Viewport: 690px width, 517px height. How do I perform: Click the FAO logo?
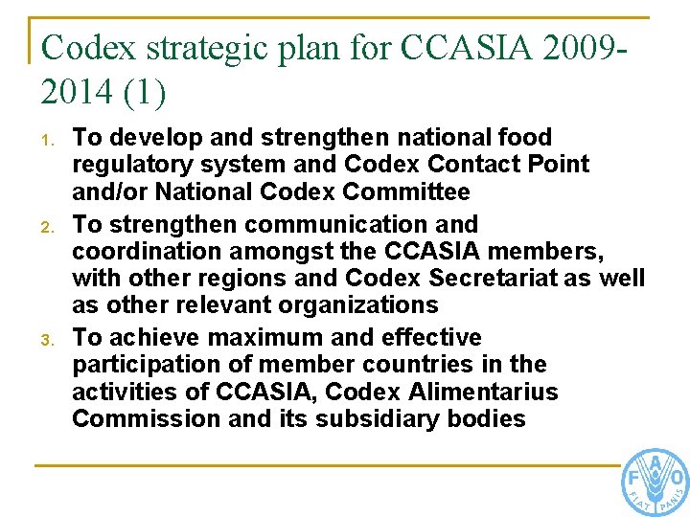(x=655, y=480)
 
